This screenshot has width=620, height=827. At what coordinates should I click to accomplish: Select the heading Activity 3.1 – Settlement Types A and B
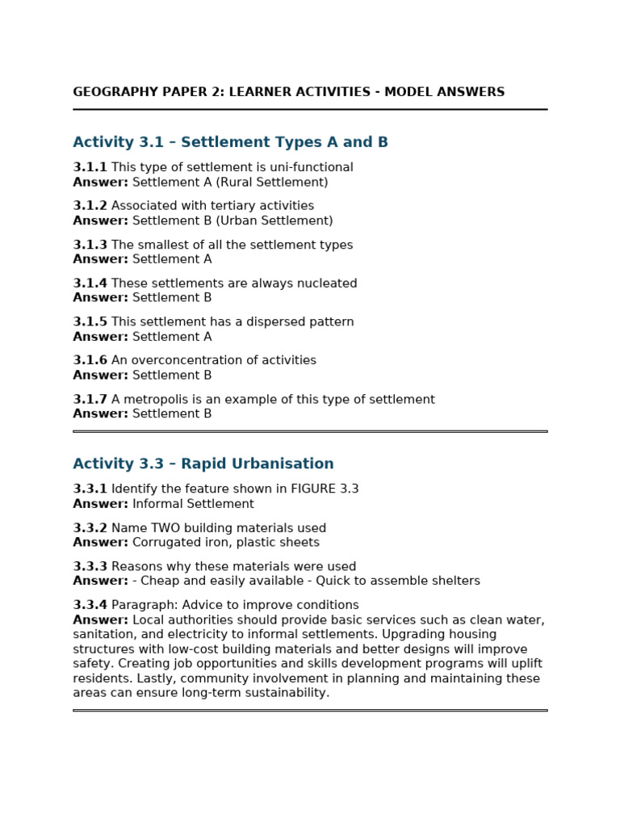230,142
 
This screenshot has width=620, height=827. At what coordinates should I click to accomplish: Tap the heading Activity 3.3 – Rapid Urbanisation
203,464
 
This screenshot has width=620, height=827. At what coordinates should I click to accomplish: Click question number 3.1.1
90,167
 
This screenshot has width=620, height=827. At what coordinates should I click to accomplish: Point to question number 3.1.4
90,283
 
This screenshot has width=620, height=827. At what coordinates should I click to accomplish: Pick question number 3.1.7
90,399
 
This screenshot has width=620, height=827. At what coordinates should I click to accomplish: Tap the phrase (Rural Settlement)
272,182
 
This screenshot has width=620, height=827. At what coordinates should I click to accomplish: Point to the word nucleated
325,283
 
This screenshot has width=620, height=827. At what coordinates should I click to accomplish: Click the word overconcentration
187,360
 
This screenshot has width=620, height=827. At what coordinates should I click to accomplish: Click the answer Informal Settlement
193,504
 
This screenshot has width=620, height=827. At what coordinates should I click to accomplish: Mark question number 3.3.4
90,605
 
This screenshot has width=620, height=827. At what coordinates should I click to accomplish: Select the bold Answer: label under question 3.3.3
100,581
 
